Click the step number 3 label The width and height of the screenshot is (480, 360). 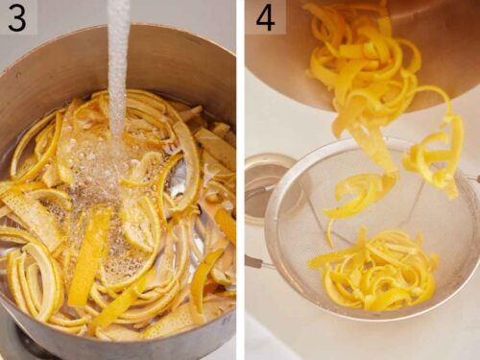click(x=17, y=17)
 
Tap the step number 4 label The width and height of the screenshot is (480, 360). click(x=265, y=17)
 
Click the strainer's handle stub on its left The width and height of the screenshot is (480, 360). click(x=255, y=261)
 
